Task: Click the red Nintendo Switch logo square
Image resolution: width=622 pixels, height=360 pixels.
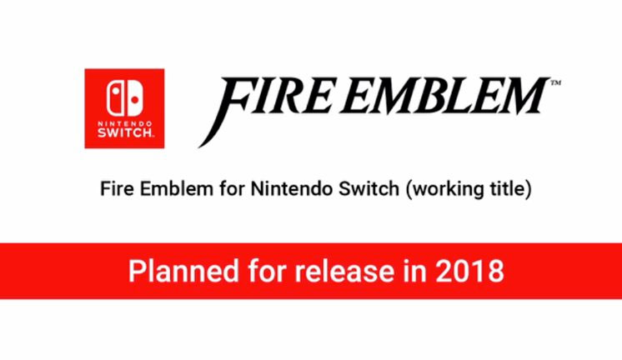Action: tap(124, 108)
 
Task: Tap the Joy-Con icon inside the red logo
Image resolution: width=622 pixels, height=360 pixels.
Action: tap(124, 98)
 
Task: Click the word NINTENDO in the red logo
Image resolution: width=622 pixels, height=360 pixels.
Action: tap(124, 124)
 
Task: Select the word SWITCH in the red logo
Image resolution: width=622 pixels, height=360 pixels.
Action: tap(124, 132)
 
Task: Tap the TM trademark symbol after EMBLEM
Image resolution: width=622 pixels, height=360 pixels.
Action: tap(555, 82)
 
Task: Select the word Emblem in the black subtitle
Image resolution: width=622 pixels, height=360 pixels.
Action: tap(177, 188)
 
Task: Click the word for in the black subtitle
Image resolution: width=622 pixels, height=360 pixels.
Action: tap(232, 188)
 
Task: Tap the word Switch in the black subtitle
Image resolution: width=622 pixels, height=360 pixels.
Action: tap(369, 188)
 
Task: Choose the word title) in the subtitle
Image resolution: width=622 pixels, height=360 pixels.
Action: tap(505, 189)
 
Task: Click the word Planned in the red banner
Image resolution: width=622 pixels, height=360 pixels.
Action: tap(183, 271)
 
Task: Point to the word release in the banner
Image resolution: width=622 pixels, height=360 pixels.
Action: tap(344, 271)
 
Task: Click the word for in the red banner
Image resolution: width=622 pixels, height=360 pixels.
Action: tap(267, 271)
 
